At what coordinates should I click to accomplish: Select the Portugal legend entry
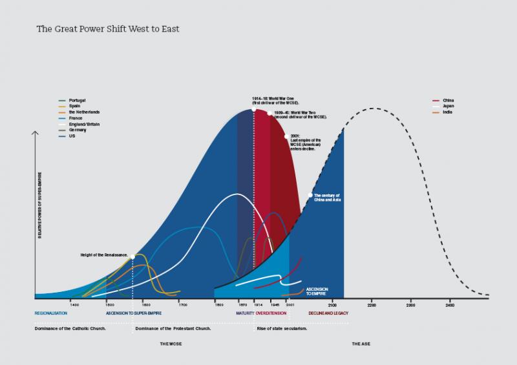(76, 100)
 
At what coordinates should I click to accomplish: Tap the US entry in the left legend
(71, 135)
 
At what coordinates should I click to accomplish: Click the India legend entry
(446, 112)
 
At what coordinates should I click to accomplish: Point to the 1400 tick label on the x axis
(74, 304)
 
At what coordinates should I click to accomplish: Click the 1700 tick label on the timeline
(183, 304)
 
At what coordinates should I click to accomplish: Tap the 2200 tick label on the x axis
(371, 304)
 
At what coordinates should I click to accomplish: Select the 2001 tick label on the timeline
(290, 304)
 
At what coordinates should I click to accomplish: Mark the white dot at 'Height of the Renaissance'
(132, 256)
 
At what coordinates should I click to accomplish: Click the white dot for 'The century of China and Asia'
(311, 195)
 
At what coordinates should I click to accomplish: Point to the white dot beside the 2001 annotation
(286, 136)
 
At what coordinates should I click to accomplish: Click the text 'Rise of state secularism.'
(282, 328)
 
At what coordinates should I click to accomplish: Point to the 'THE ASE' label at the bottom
(360, 344)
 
